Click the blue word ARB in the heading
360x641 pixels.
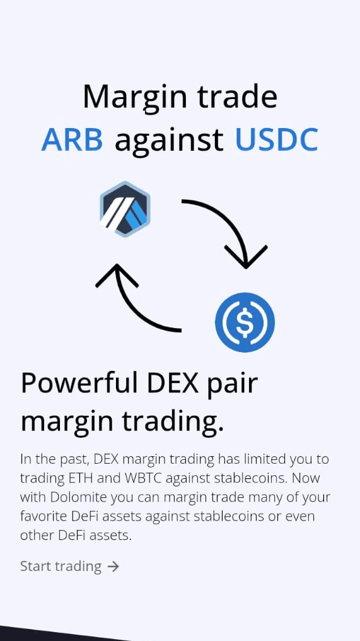click(72, 139)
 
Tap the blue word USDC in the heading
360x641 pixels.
click(277, 139)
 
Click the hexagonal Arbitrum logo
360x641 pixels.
click(125, 209)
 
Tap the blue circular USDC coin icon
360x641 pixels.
click(245, 322)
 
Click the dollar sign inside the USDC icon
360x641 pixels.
click(245, 322)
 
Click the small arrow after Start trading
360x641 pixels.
click(113, 567)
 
